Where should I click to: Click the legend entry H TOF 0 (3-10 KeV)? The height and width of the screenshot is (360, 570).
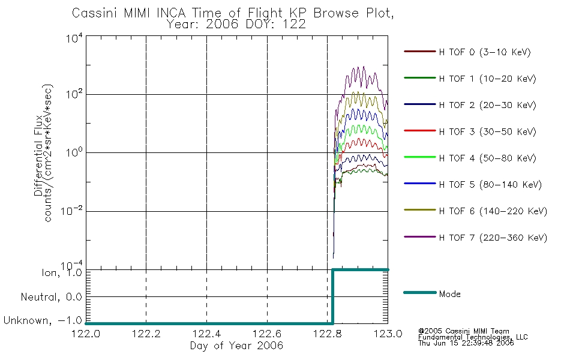[485, 52]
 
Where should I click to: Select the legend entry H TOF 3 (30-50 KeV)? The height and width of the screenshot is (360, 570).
[487, 131]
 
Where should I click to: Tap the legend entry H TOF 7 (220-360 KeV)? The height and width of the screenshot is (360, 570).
[493, 238]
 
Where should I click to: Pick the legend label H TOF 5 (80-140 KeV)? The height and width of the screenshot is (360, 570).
[490, 185]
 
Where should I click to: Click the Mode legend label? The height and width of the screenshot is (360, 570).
[449, 294]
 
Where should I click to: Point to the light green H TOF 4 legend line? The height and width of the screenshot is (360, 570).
[420, 157]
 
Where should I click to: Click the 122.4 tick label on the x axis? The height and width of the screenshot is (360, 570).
[206, 334]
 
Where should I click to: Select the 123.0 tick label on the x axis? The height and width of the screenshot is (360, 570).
[388, 334]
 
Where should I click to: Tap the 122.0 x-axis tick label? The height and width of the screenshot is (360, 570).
[86, 334]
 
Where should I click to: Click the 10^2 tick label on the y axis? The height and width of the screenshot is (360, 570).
[74, 95]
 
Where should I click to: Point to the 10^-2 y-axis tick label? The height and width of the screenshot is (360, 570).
[71, 211]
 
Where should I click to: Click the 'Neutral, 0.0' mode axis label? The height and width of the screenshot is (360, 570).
[51, 297]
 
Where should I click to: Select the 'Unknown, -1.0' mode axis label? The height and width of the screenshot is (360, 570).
[43, 320]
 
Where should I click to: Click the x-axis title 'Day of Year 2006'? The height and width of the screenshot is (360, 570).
[236, 346]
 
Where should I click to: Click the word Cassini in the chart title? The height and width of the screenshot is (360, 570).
[95, 13]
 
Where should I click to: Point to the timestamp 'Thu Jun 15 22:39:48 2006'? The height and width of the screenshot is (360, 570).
[466, 343]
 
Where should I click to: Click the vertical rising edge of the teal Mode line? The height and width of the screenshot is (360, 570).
[332, 296]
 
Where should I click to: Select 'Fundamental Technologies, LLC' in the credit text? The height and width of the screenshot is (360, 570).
[473, 337]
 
